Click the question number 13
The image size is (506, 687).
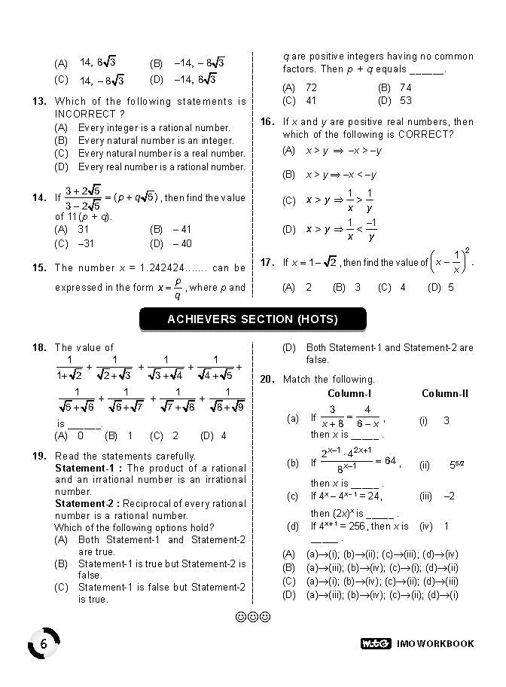coord(40,102)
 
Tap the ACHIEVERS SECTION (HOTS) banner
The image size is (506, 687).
coord(252,319)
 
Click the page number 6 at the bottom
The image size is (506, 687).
coord(44,644)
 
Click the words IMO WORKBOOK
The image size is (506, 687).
coord(435,643)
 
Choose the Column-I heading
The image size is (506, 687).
coord(349,394)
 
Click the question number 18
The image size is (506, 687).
coord(40,348)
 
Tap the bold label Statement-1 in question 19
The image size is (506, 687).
coord(89,468)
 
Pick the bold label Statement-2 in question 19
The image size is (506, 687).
coord(89,504)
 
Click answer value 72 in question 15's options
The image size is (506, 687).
coord(311,88)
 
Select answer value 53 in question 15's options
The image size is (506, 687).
coord(406,100)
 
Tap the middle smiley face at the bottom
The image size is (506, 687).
coord(253,617)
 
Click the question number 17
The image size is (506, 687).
coord(267,263)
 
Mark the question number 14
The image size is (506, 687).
coord(40,198)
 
